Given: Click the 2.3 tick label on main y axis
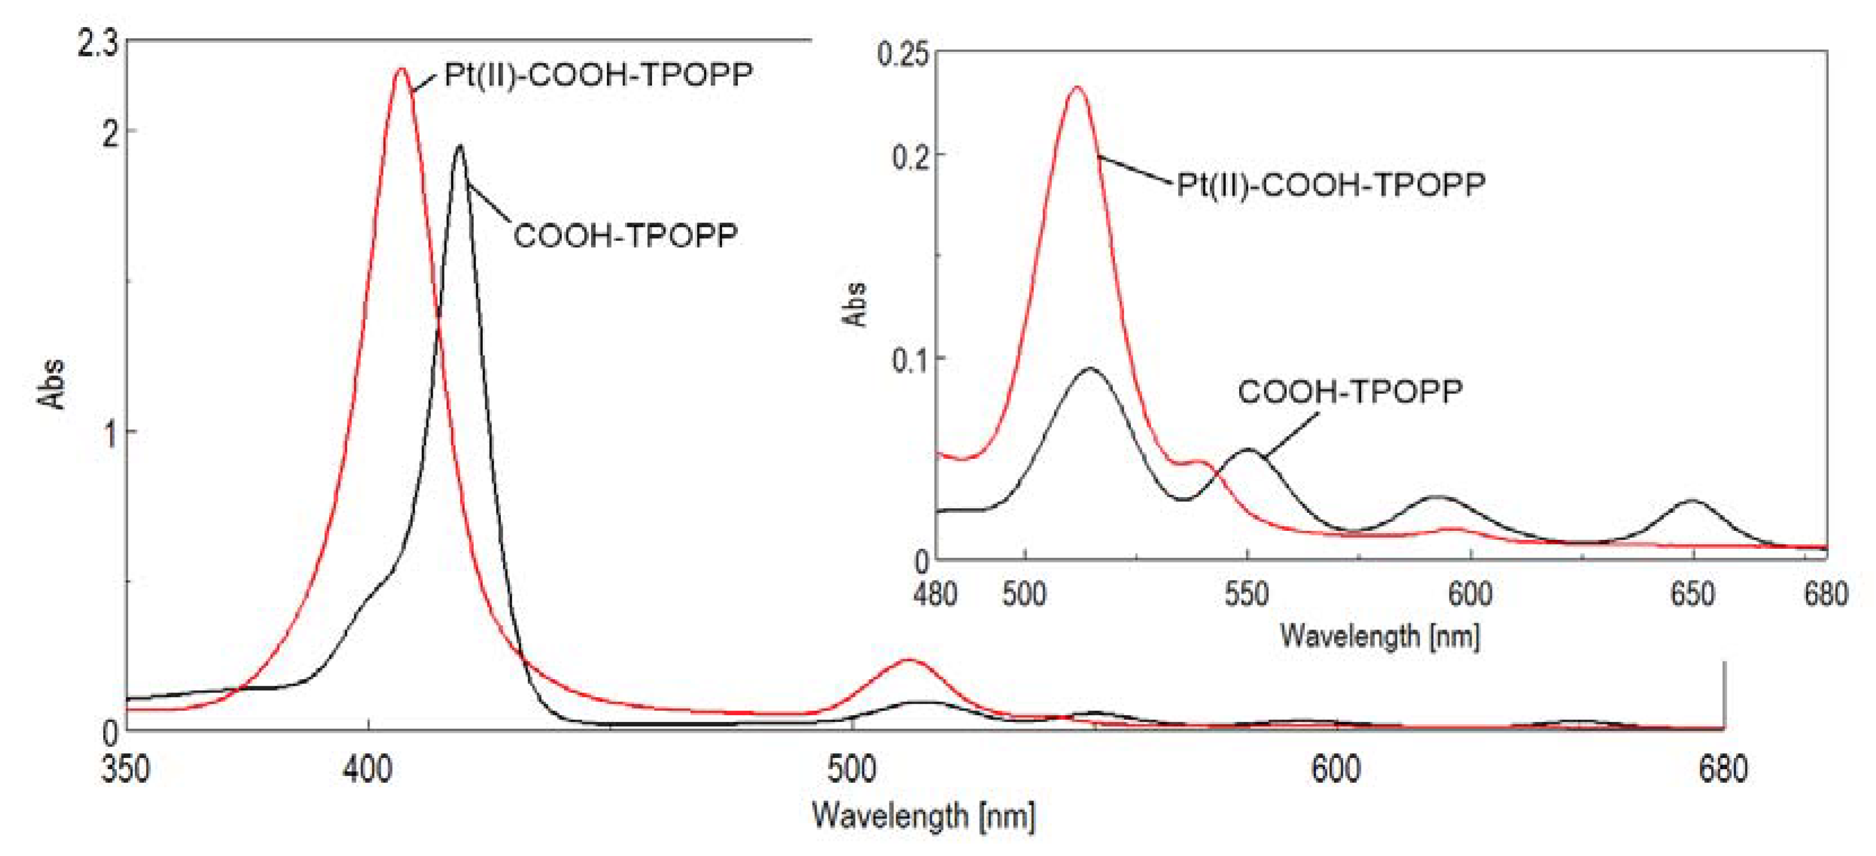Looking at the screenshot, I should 98,45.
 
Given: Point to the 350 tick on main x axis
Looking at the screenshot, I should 125,769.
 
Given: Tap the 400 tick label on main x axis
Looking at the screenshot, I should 368,769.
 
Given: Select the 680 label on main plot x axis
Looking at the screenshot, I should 1723,769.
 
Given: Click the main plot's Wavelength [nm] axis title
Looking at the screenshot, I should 923,815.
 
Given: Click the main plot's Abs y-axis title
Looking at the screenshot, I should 51,384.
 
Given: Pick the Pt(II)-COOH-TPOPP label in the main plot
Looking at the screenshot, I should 598,75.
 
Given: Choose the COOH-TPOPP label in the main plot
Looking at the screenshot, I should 626,235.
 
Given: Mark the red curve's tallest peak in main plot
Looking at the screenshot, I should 401,70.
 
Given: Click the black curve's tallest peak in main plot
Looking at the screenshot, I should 459,147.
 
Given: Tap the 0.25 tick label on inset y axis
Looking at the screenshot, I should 902,55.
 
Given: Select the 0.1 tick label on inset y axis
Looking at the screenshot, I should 910,359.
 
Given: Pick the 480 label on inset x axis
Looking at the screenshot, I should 935,595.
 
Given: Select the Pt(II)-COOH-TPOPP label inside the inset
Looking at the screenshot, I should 1331,184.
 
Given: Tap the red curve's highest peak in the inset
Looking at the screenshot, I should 1076,88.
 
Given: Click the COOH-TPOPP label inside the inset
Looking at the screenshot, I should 1349,392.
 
